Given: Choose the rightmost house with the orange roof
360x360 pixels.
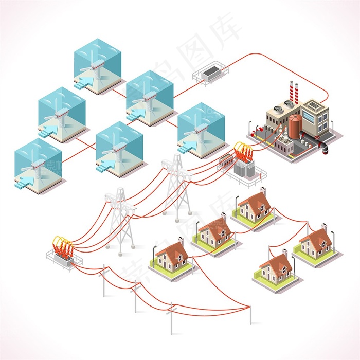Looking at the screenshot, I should [x=315, y=242].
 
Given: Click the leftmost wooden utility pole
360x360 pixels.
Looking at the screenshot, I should [x=104, y=282].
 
